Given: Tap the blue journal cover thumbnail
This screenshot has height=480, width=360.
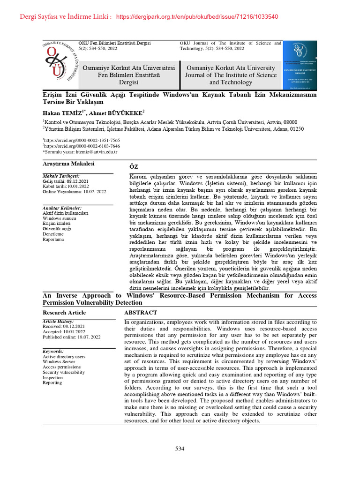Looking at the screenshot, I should [302, 66].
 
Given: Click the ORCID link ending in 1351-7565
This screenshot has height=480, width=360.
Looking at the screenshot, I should [82, 140].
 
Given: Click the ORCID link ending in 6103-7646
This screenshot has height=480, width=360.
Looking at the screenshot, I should [82, 146].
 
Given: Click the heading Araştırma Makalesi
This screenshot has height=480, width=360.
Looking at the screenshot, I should [68, 163].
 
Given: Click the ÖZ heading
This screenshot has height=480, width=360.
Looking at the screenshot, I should [134, 166].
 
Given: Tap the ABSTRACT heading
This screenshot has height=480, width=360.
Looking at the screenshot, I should [141, 312].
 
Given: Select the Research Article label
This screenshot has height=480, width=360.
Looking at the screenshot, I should [64, 312].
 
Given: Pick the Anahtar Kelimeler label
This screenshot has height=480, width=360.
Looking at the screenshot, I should [62, 208].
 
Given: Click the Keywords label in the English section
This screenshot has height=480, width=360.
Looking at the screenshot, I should [53, 351].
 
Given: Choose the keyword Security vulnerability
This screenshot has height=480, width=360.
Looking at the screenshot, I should [64, 372].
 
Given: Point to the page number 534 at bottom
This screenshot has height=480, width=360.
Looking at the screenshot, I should [180, 449].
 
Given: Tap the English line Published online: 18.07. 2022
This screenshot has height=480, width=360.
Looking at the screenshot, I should [72, 337].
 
